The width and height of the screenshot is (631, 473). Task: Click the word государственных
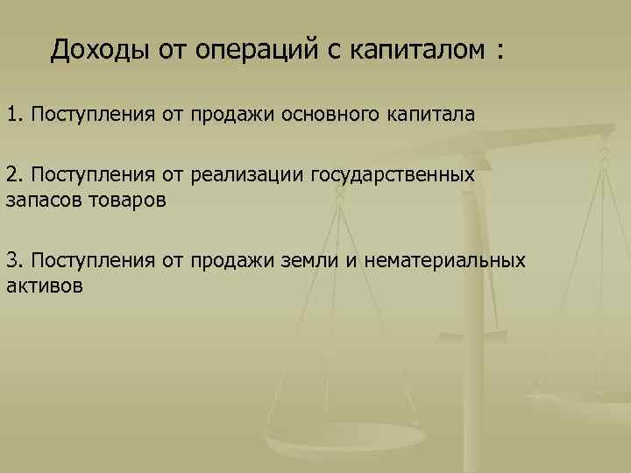pos(392,174)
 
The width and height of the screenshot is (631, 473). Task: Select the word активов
pos(45,285)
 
